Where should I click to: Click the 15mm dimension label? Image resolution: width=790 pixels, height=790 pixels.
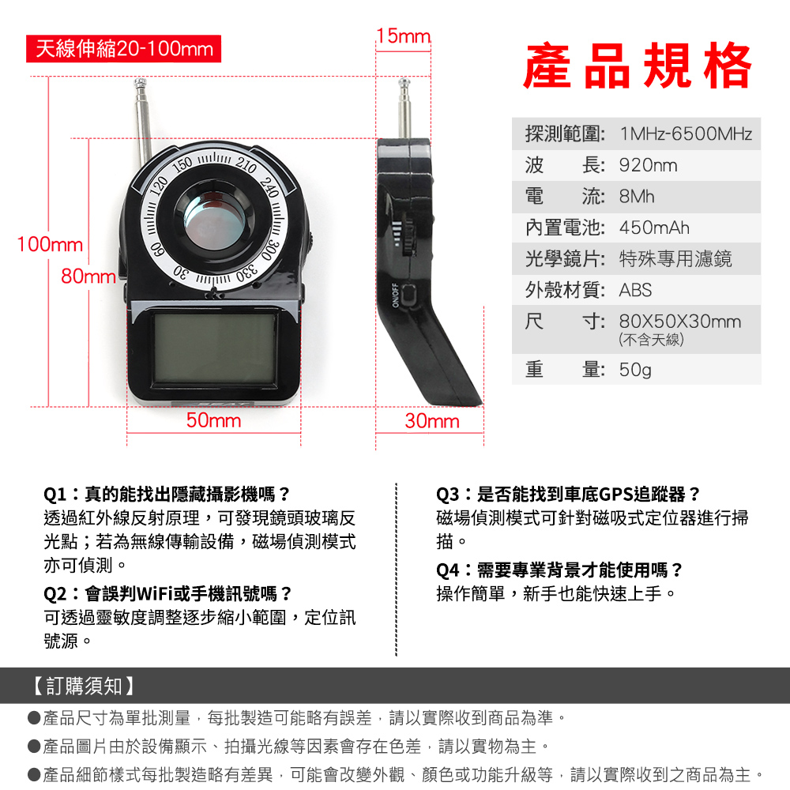point(403,36)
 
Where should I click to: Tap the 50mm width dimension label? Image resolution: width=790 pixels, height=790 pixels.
point(213,420)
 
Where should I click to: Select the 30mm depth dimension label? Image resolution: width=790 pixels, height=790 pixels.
point(432,421)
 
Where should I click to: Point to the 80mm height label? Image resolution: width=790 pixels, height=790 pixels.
point(88,276)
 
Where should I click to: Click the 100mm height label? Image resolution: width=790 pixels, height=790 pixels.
point(50,244)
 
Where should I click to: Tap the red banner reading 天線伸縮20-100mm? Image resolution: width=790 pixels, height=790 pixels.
point(123,49)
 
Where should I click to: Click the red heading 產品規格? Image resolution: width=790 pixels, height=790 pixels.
point(638,66)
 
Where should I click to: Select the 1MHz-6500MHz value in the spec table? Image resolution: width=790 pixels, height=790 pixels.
point(686,134)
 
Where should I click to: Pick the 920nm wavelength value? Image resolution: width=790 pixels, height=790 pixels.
point(648,165)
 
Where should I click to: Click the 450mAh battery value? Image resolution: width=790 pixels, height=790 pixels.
point(654,228)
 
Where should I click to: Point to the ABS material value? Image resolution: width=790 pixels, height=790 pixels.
point(635,290)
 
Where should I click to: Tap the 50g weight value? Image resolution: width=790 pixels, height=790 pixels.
point(635,370)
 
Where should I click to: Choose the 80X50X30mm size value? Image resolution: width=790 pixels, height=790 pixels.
point(680,321)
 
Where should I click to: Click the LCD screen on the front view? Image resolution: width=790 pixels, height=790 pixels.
point(215,348)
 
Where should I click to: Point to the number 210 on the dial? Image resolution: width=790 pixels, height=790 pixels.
point(246,165)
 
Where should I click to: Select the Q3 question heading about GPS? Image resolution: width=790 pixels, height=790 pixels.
point(568,495)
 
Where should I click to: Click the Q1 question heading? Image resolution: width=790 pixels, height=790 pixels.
point(167,495)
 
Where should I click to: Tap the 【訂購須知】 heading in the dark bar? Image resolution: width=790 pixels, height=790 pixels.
point(83,686)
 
